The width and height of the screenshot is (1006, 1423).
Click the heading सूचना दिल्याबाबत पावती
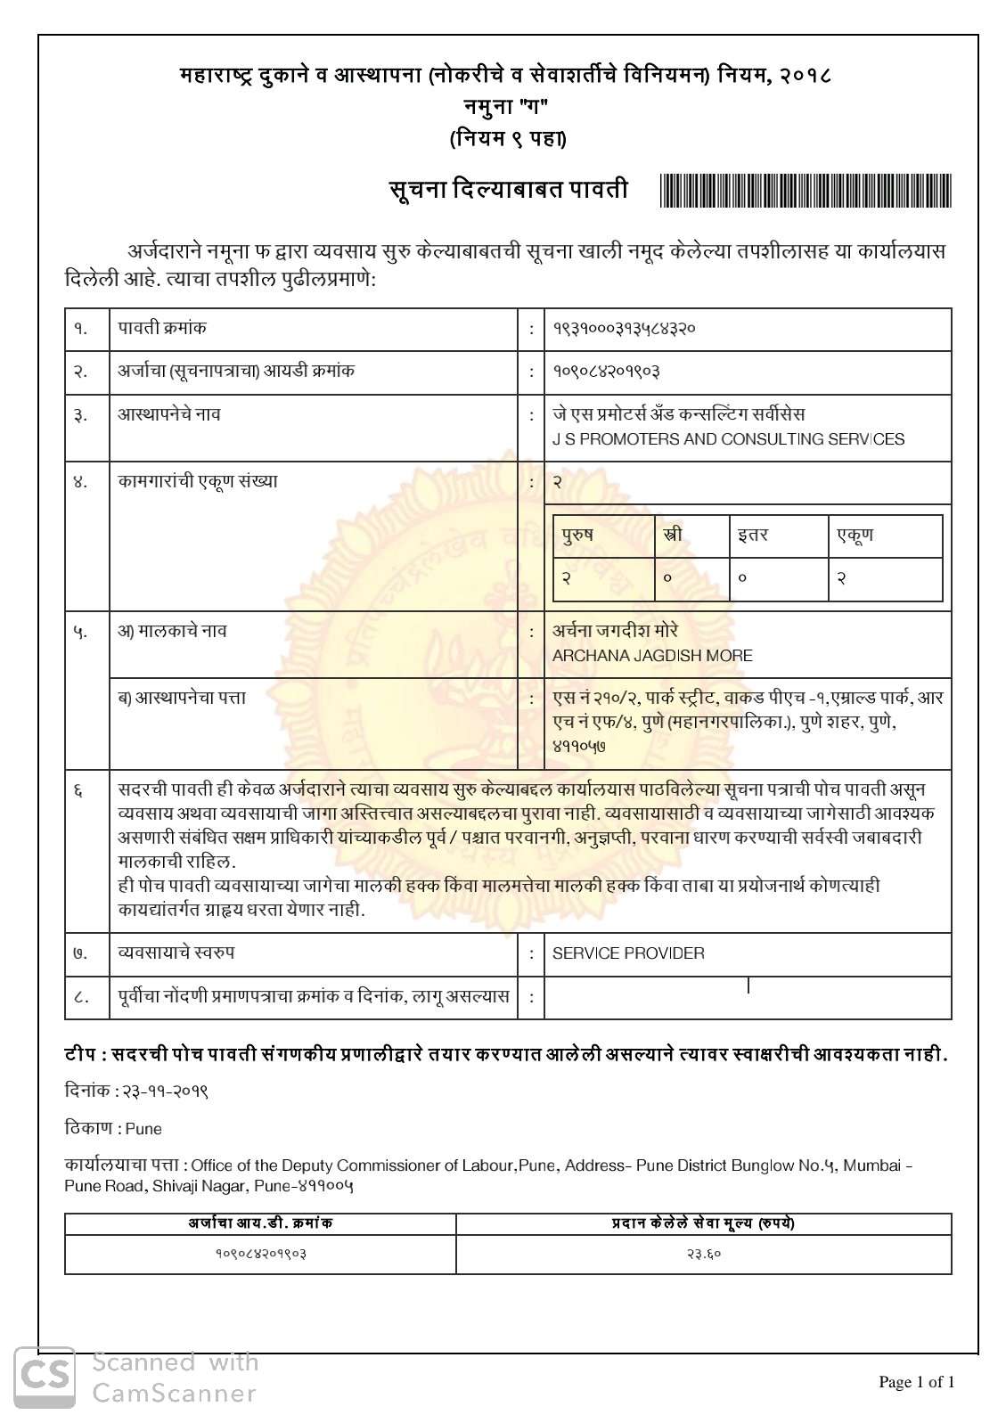[x=508, y=190]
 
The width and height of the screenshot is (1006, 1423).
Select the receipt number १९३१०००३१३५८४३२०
[x=624, y=328]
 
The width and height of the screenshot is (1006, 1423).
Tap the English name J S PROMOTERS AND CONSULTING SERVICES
[x=728, y=439]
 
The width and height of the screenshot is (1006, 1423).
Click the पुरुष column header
[x=577, y=536]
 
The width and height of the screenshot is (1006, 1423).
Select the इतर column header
[x=752, y=536]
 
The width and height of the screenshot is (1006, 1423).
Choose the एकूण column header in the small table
[x=855, y=536]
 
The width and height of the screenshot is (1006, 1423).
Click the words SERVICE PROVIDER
[x=628, y=953]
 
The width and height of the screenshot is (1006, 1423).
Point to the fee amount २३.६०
[x=703, y=1254]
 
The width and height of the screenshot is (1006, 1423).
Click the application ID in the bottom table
[x=260, y=1254]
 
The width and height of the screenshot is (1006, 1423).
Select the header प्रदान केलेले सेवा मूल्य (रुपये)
[x=703, y=1223]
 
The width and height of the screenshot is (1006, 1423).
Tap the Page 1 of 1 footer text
[x=916, y=1382]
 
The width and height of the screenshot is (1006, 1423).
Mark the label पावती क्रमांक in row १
[x=162, y=328]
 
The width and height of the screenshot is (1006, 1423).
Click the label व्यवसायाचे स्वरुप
[x=176, y=953]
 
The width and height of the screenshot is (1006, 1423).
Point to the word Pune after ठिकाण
[x=143, y=1129]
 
